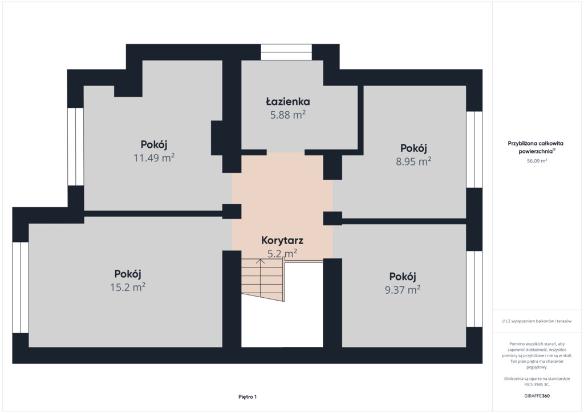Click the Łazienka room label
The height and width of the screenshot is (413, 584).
(x=287, y=102)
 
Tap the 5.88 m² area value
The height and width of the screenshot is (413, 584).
(x=288, y=114)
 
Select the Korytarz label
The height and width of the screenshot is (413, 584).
(x=282, y=240)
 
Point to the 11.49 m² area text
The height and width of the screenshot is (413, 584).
(x=154, y=157)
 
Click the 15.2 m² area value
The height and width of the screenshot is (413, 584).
(x=128, y=287)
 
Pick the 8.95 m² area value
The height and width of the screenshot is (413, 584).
(x=413, y=161)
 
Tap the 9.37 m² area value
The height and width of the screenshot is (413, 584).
(x=403, y=289)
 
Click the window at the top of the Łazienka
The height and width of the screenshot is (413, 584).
(x=286, y=52)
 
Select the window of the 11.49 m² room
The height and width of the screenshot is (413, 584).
(x=76, y=147)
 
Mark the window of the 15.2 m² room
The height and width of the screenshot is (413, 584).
(x=21, y=288)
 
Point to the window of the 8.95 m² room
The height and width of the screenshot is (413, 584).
(x=474, y=149)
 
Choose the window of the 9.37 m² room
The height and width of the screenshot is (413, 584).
(x=474, y=289)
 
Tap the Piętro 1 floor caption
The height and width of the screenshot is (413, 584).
(x=248, y=396)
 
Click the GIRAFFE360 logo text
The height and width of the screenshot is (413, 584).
(x=537, y=396)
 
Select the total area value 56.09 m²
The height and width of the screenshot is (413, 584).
(x=537, y=161)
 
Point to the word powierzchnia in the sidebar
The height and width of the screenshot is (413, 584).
(x=536, y=152)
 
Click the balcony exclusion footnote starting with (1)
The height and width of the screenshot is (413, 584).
(x=537, y=321)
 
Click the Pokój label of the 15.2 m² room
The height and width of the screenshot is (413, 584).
(x=128, y=274)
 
